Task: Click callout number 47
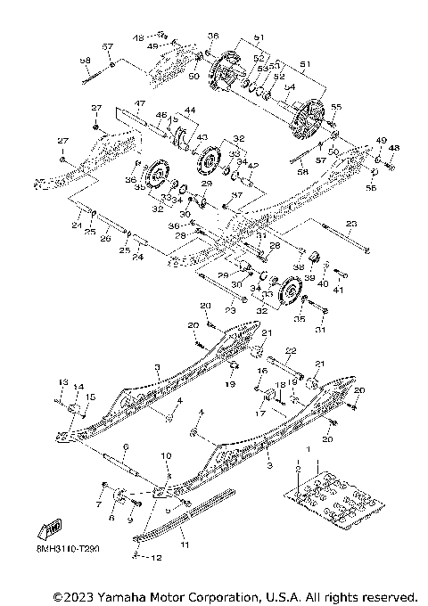pos(139,103)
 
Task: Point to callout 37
pos(237,194)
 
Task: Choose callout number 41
pos(338,290)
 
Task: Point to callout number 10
pos(164,455)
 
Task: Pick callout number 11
pos(185,542)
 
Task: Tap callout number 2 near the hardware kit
pos(299,467)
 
